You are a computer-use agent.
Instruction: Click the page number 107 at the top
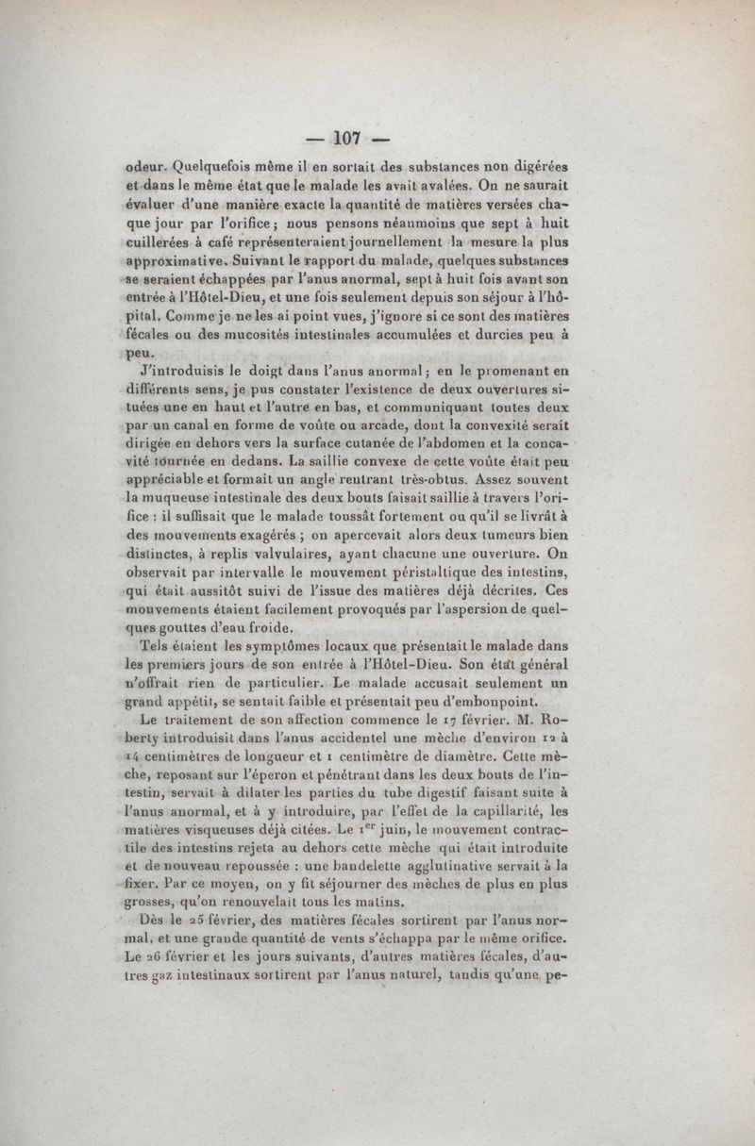pos(348,139)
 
